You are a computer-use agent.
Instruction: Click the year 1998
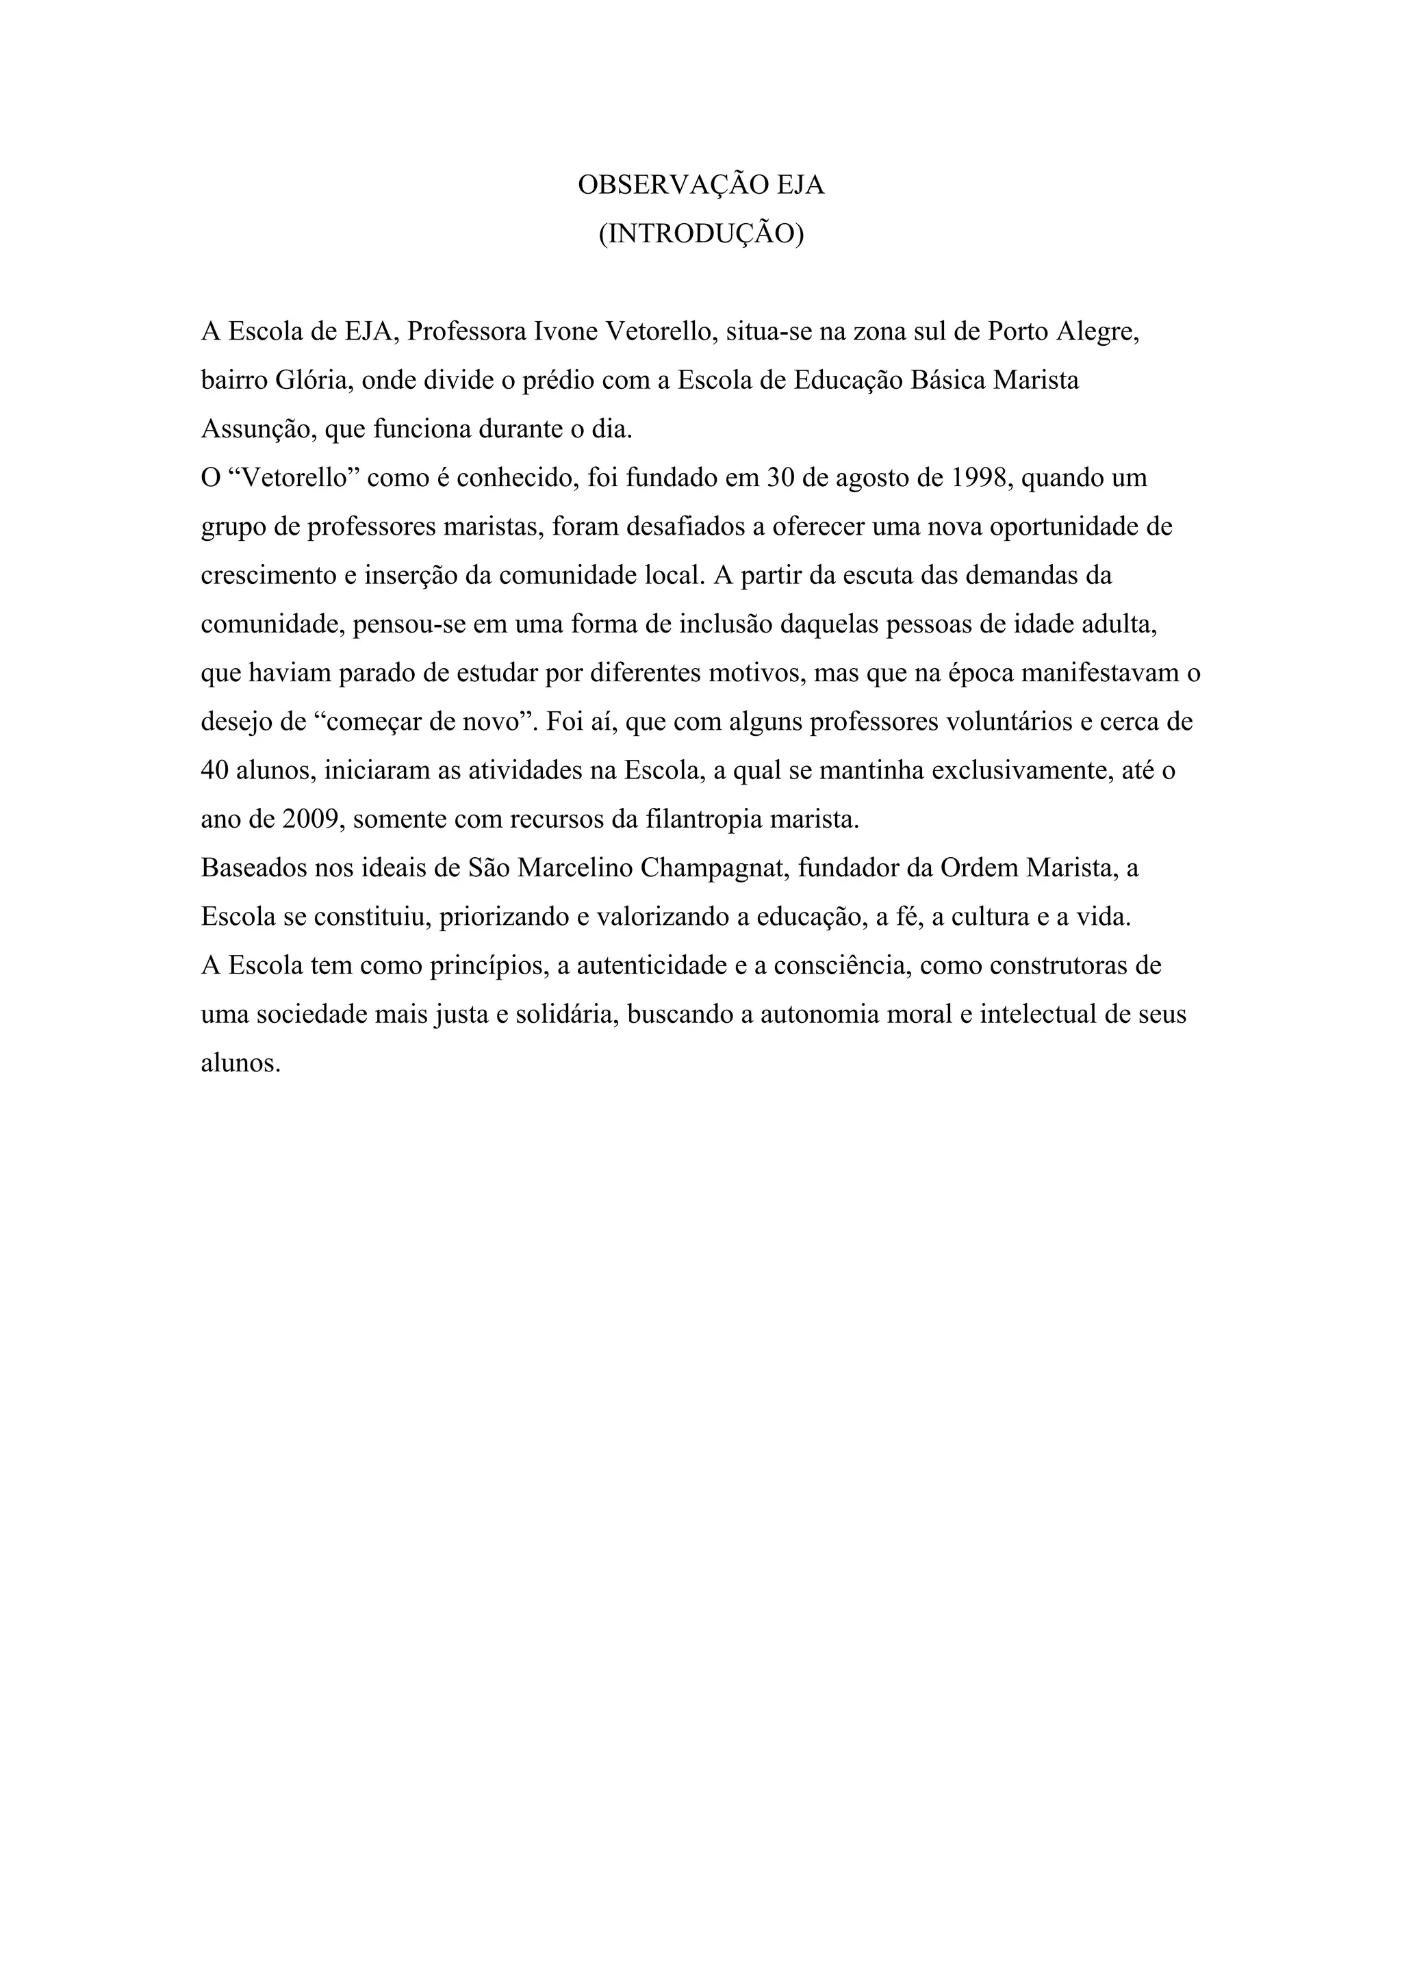981,478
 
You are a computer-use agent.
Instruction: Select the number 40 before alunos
214,771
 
